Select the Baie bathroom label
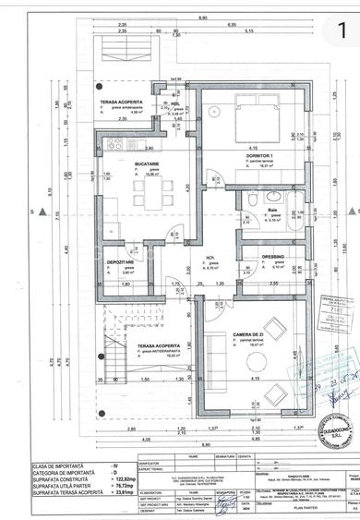[x=273, y=210]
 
